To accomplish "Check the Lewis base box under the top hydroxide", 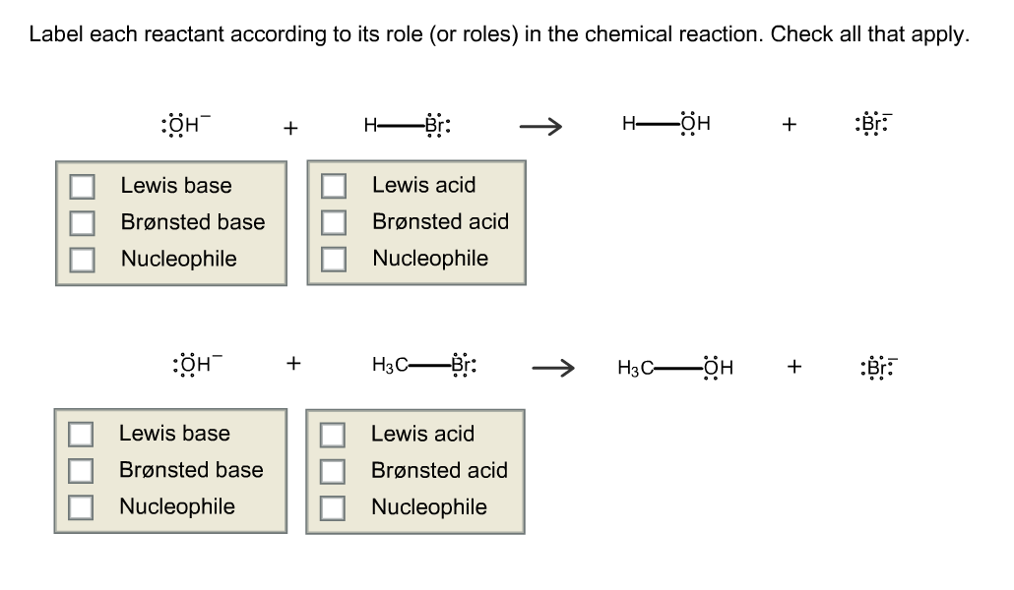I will coord(81,186).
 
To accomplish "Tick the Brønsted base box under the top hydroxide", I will coord(81,222).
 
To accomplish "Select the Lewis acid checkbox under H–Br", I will coord(334,186).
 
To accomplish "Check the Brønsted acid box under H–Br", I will coord(334,222).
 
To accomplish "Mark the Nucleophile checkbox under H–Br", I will coord(334,259).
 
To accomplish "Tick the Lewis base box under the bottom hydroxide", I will coord(81,434).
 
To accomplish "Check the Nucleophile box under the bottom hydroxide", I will coord(81,507).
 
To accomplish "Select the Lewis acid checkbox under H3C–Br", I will coord(334,434).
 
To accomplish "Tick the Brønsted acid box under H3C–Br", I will coord(334,471).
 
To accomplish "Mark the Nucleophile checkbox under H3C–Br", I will coord(334,507).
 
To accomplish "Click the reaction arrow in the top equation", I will coord(540,126).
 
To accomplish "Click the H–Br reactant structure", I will coord(408,125).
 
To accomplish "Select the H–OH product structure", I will coord(666,125).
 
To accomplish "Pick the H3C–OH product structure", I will coord(676,368).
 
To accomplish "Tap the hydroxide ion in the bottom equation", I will coord(194,364).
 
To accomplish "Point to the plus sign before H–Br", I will coord(289,127).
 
